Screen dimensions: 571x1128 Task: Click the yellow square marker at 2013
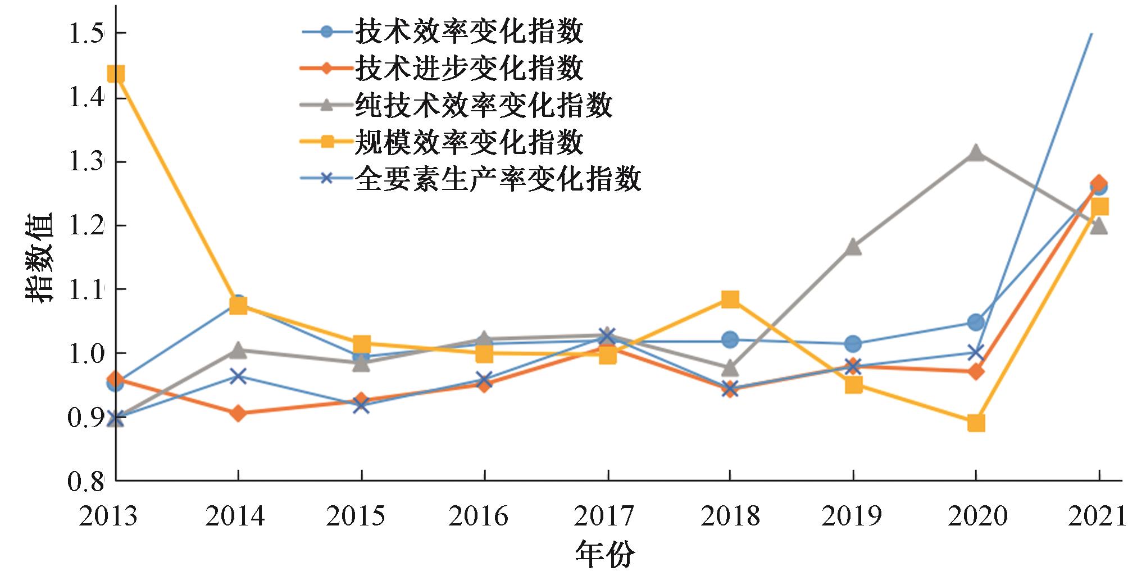(x=116, y=74)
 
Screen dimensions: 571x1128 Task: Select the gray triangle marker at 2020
(x=976, y=153)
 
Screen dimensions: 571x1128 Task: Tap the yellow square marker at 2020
(x=976, y=423)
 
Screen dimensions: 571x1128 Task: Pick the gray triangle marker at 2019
(x=853, y=247)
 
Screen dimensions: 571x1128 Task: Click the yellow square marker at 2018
(x=730, y=299)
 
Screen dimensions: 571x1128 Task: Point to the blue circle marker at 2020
(x=976, y=322)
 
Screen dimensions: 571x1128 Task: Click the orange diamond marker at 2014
(x=238, y=414)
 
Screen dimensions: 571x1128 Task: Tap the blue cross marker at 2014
(x=238, y=376)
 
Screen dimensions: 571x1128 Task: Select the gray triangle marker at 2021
(x=1099, y=226)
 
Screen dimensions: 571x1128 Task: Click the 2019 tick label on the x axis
(x=852, y=516)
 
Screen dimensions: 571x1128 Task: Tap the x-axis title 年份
(x=605, y=554)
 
